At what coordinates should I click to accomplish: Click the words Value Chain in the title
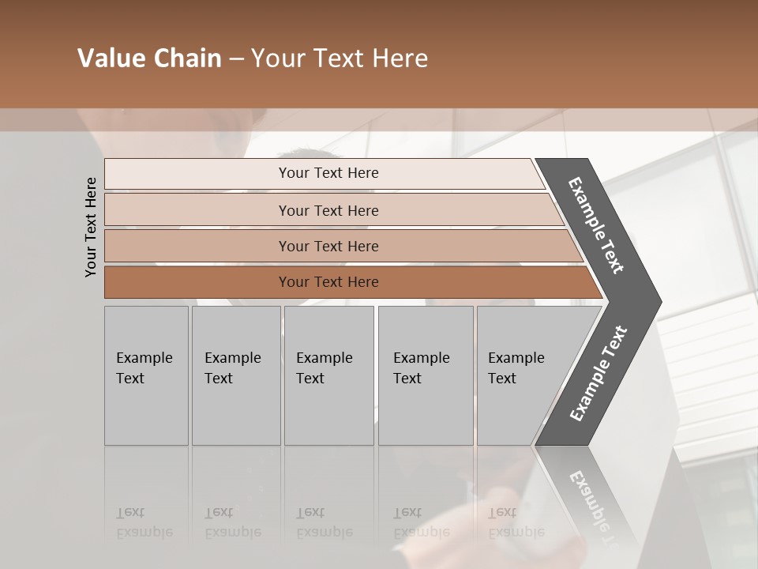[149, 58]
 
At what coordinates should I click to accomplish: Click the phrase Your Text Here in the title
[340, 58]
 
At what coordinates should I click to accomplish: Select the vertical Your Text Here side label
[91, 227]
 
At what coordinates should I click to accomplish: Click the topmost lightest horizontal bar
[328, 173]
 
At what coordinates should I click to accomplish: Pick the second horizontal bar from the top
[328, 210]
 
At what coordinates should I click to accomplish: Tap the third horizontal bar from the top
[328, 246]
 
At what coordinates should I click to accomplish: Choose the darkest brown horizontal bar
[328, 282]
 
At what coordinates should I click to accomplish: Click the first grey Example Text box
[146, 375]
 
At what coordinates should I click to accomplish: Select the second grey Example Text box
[235, 375]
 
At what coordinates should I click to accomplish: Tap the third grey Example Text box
[328, 375]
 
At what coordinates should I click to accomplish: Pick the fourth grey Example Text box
[426, 375]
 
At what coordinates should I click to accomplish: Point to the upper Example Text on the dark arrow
[596, 225]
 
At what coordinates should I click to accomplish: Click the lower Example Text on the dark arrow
[599, 374]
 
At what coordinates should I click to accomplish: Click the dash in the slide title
[236, 59]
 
